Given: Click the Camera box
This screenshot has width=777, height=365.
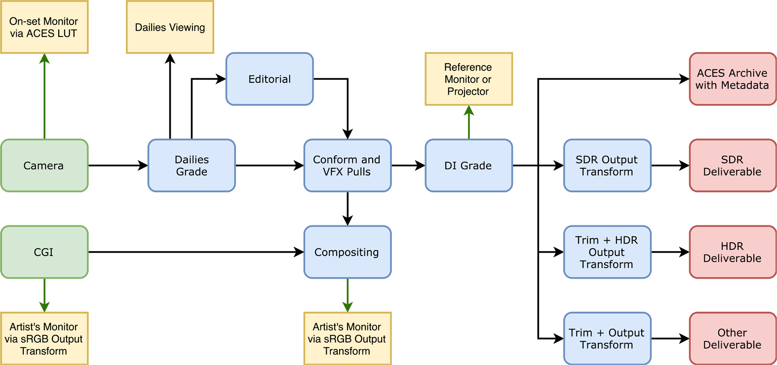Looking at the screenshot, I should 44,166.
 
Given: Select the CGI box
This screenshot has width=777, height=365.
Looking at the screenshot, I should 44,252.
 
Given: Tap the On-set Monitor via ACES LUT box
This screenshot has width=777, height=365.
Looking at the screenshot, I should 44,27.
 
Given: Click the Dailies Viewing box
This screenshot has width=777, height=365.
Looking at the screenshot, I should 170,27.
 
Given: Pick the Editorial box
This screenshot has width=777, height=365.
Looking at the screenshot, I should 270,79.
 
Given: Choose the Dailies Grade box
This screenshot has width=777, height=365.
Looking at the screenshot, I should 192,166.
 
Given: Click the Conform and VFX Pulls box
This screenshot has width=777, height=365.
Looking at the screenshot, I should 347,166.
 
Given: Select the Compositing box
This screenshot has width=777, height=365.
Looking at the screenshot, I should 347,252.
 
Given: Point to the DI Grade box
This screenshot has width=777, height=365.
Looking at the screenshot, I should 468,166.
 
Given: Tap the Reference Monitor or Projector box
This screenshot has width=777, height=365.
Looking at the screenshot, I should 468,79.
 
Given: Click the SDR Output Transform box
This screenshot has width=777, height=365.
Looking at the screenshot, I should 607,166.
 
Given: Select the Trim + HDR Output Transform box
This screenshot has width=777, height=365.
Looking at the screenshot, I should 607,252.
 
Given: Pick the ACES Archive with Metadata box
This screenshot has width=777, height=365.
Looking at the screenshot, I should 732,79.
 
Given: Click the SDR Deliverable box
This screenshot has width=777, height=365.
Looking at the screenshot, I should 732,166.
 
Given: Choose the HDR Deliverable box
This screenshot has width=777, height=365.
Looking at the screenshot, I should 732,252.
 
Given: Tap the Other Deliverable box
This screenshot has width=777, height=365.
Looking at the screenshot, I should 732,338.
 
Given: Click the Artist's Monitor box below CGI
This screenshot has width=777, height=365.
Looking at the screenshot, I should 44,338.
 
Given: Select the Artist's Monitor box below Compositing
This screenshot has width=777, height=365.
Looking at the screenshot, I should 347,338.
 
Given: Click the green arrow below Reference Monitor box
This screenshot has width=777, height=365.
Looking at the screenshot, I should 468,122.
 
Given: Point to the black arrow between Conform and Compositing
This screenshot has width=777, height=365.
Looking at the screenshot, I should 348,209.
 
